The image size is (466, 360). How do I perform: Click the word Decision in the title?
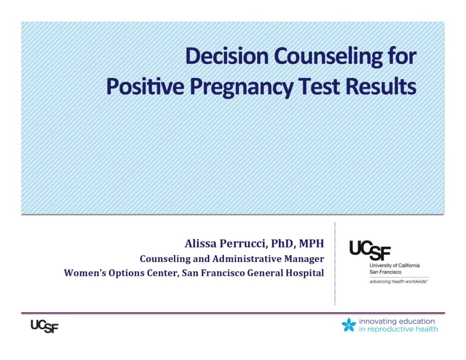[x=227, y=56]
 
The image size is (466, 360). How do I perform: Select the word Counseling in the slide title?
[x=329, y=56]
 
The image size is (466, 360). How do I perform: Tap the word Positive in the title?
[x=145, y=86]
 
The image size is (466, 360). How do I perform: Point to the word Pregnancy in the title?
[x=242, y=87]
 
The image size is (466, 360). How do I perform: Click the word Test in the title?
[x=319, y=86]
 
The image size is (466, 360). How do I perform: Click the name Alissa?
[x=201, y=243]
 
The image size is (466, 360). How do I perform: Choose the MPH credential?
[x=311, y=243]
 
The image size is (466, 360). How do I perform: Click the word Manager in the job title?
[x=304, y=259]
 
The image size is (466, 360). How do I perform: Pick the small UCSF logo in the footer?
[x=45, y=326]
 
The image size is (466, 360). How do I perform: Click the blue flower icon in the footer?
[x=349, y=325]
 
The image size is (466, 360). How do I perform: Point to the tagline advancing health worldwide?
[x=399, y=282]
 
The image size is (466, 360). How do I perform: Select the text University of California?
[x=395, y=265]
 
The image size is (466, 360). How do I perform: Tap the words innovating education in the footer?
[x=397, y=321]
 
